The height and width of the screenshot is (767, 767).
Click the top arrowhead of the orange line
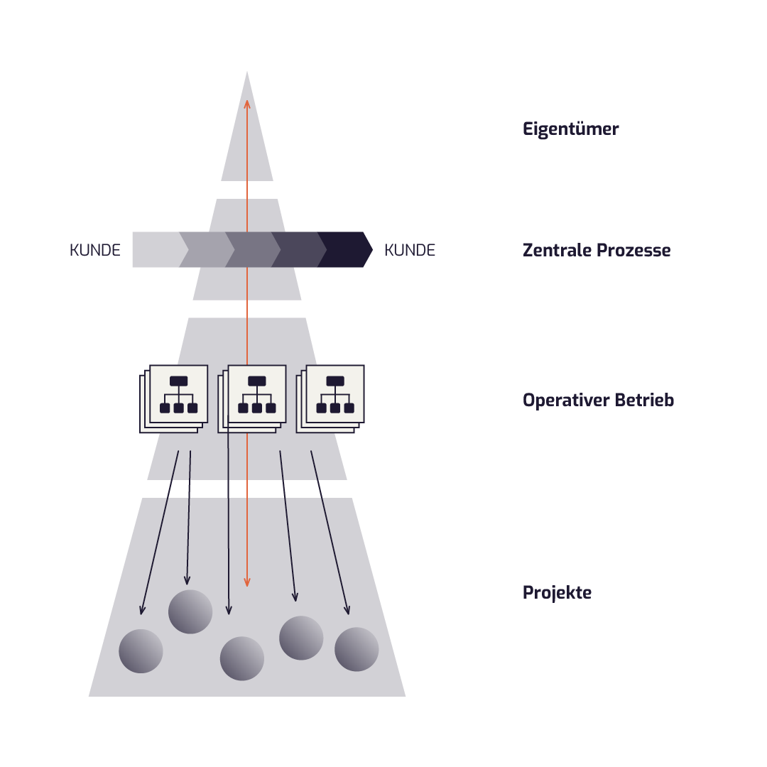tap(247, 104)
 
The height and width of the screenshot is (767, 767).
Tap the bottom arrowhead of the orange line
tap(247, 582)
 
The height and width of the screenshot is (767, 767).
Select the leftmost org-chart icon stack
tap(175, 398)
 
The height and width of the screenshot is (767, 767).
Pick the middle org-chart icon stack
tap(253, 398)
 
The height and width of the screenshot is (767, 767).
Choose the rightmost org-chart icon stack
tap(331, 398)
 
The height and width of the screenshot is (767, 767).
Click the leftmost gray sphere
tap(141, 651)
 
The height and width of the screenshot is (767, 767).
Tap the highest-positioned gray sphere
tap(190, 611)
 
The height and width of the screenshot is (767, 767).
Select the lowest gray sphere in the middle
tap(242, 658)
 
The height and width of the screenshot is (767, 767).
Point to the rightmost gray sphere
tap(357, 649)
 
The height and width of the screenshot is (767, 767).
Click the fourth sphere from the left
tap(301, 638)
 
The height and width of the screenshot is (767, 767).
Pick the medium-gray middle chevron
tap(254, 250)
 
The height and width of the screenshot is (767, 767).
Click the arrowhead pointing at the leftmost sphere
tap(142, 610)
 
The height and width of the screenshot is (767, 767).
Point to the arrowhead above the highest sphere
tap(187, 581)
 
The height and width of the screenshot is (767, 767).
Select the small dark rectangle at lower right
tap(559, 599)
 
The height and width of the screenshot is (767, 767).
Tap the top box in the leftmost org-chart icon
tap(179, 381)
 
